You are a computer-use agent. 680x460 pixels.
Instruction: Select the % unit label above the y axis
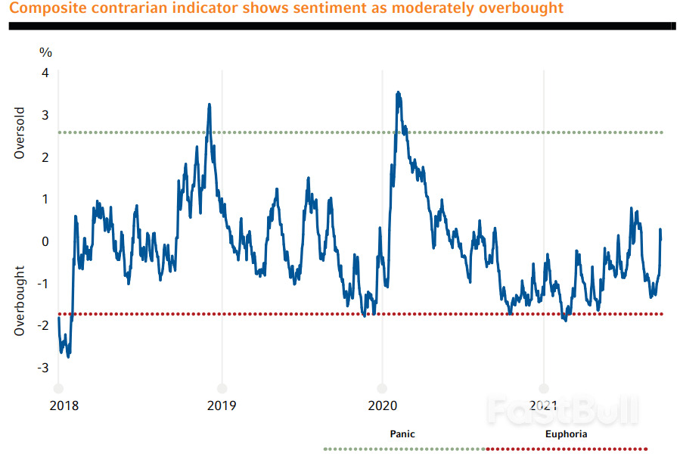(x=45, y=52)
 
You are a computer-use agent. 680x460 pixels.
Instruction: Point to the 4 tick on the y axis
(x=45, y=73)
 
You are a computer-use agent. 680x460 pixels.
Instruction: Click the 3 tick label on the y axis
(x=45, y=115)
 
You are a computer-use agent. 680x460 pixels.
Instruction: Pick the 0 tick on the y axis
(x=45, y=241)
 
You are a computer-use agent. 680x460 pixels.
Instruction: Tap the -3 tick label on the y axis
(x=43, y=368)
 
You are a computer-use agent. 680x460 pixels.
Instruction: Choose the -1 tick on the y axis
(x=43, y=284)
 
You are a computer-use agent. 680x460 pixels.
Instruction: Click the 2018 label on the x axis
(x=64, y=405)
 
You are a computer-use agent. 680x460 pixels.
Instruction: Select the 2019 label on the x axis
(x=222, y=405)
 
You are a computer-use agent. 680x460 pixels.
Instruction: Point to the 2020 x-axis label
(x=382, y=405)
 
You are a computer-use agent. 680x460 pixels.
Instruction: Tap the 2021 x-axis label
(x=544, y=405)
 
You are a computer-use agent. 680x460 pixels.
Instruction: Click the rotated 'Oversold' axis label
(x=20, y=133)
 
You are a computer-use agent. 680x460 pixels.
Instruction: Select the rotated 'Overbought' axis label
(x=20, y=300)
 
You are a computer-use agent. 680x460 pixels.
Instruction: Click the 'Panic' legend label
(x=402, y=434)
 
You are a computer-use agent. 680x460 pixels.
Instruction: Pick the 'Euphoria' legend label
(x=566, y=434)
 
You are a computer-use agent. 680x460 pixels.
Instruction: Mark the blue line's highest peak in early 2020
(x=398, y=93)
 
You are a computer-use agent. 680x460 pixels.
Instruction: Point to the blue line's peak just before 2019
(x=209, y=105)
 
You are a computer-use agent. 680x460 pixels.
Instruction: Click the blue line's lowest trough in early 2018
(x=68, y=356)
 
